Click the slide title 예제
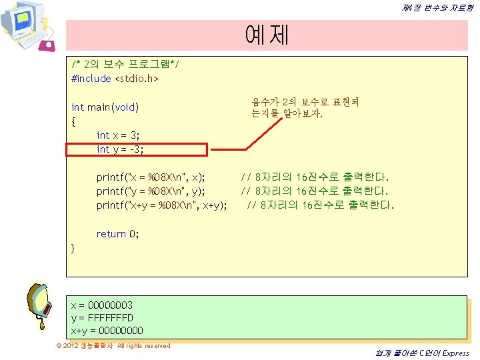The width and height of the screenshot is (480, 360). [x=267, y=35]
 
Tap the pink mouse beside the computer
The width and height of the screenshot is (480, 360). [x=47, y=45]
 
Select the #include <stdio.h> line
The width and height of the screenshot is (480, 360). [x=115, y=79]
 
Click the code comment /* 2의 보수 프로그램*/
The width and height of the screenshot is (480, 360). [x=125, y=64]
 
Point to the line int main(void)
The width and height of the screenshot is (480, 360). [x=105, y=107]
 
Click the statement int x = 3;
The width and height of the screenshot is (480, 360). [x=118, y=135]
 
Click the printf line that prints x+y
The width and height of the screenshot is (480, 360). [x=161, y=205]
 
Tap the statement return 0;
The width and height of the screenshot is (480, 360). [x=117, y=234]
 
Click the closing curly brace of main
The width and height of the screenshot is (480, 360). [x=73, y=248]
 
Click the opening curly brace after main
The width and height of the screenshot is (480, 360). [x=73, y=121]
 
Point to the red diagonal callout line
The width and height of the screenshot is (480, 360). [x=264, y=134]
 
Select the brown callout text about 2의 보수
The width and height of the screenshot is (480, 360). [x=305, y=108]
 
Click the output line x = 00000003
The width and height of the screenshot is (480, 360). [x=102, y=305]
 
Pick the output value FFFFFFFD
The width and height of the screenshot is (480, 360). [x=111, y=318]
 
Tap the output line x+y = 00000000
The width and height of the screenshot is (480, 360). [x=107, y=331]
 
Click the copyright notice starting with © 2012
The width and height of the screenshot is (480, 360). [x=113, y=346]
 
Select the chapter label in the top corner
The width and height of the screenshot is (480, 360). [x=438, y=8]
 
